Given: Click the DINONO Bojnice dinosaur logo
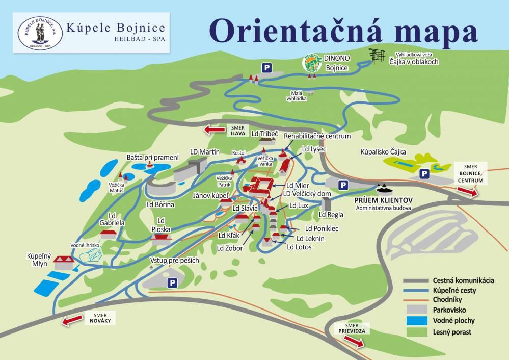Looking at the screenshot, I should [311, 63].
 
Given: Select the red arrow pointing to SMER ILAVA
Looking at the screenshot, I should [215, 130].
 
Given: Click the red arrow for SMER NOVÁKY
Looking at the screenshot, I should [72, 321].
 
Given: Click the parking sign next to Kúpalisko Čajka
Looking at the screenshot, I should [423, 174].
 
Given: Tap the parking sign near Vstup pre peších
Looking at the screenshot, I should [172, 282].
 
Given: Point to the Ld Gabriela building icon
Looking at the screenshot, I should [109, 234].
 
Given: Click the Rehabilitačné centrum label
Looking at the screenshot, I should [317, 136].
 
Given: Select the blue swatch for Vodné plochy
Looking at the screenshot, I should [416, 321].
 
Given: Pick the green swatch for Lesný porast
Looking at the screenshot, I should [416, 332].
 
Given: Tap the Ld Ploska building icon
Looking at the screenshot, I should [161, 238].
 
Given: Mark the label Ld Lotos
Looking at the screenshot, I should [299, 247].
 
